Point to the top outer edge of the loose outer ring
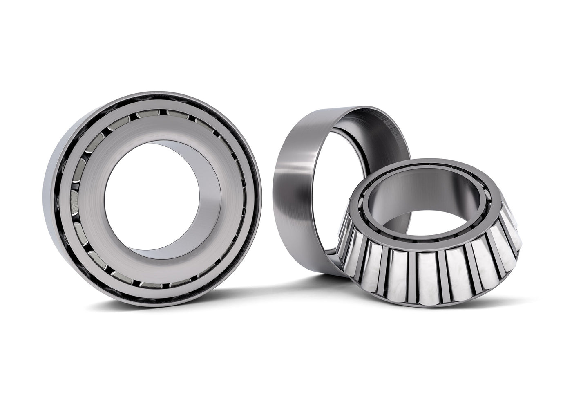[347, 110]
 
